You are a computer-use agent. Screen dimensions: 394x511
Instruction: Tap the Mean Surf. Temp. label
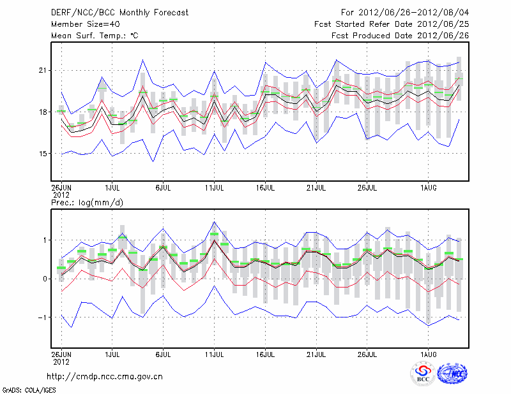coord(95,36)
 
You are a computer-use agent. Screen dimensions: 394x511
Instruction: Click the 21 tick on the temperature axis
coord(43,70)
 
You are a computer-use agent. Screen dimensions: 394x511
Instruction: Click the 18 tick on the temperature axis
coord(43,112)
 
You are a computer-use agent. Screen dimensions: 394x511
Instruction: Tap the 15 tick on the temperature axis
coord(43,154)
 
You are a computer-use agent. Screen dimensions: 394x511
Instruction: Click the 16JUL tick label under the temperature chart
coord(265,187)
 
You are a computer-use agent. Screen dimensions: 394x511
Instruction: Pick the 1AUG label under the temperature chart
coord(429,187)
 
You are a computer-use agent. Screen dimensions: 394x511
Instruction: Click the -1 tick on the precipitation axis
coord(42,317)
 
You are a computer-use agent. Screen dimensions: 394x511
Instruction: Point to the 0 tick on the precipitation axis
coord(45,279)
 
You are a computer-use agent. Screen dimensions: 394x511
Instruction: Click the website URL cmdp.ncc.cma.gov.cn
coord(105,376)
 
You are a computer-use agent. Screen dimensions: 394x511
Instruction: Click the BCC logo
coord(423,374)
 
